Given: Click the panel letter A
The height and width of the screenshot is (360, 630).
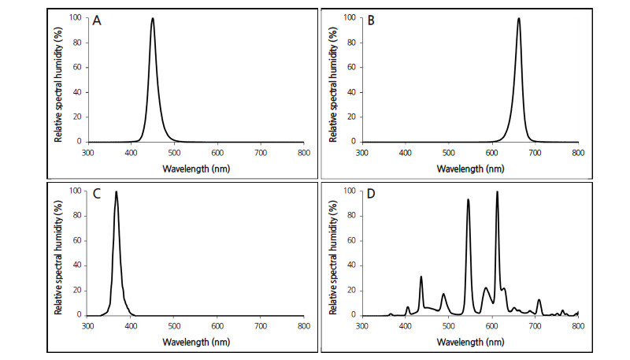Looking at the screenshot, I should coord(98,23).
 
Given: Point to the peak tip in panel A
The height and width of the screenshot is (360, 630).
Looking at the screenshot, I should coord(152,19).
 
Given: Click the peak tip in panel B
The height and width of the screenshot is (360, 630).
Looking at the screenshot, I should coord(519,19).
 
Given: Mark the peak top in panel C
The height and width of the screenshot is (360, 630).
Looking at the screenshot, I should coord(117,191).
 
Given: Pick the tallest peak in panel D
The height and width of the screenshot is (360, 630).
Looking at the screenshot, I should coord(497,191).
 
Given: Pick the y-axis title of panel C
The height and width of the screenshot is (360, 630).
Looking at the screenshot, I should coord(58,252).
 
